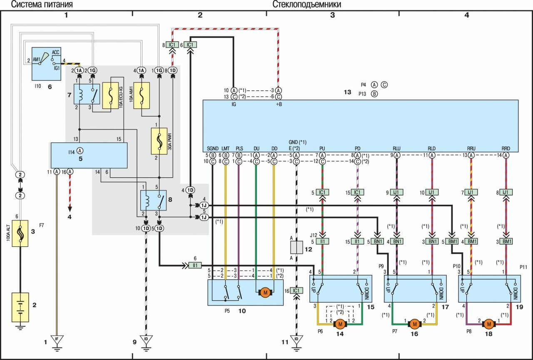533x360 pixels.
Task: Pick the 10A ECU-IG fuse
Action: point(110,95)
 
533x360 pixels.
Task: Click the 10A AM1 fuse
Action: point(141,95)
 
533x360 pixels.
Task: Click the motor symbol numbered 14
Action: point(340,324)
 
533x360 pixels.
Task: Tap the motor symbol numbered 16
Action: point(414,324)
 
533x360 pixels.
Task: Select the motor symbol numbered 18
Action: point(489,324)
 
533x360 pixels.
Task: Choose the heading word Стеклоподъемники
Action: point(307,5)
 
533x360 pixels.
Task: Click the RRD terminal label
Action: point(506,148)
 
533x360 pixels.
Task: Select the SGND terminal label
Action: point(213,148)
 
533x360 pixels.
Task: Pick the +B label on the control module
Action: point(279,104)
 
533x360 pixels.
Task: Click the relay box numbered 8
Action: point(153,201)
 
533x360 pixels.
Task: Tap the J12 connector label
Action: point(314,235)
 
